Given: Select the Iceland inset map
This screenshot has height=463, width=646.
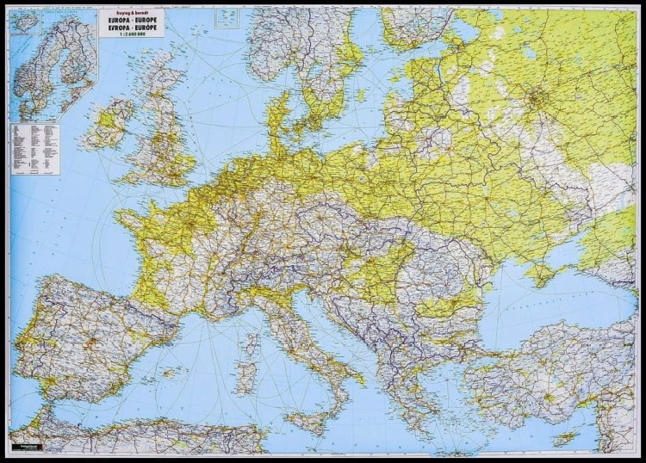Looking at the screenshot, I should pyautogui.click(x=26, y=22).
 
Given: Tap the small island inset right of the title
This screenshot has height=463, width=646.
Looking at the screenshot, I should pyautogui.click(x=227, y=18).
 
